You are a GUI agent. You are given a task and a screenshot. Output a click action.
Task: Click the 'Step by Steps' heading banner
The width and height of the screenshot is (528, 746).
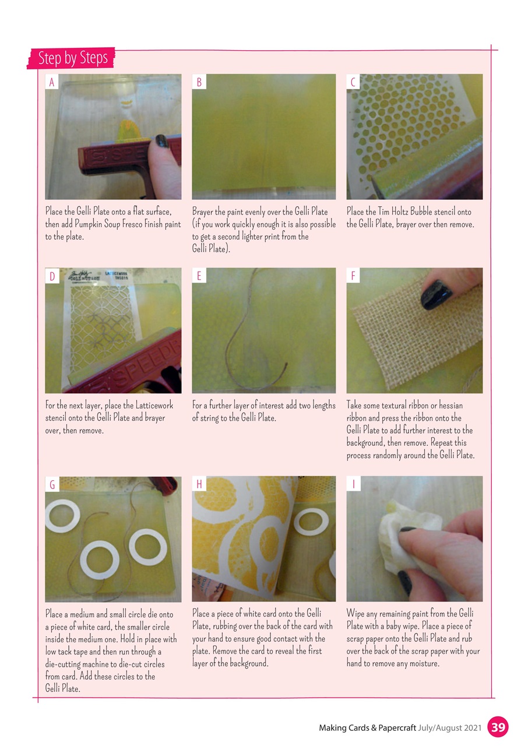72,58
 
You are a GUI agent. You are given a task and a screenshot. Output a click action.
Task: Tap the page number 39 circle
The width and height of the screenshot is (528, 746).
498,727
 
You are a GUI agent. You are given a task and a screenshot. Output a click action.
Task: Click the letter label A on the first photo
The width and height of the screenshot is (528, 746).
52,82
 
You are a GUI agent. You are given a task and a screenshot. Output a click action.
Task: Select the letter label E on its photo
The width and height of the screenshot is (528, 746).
199,276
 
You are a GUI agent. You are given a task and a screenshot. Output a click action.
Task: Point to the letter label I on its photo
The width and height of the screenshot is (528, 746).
354,484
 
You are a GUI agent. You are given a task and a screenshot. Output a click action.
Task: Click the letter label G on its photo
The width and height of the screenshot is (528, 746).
52,484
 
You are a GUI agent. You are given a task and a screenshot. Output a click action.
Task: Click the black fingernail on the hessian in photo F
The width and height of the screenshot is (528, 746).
434,294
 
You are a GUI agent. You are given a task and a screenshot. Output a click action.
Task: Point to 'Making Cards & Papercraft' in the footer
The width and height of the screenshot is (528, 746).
367,728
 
